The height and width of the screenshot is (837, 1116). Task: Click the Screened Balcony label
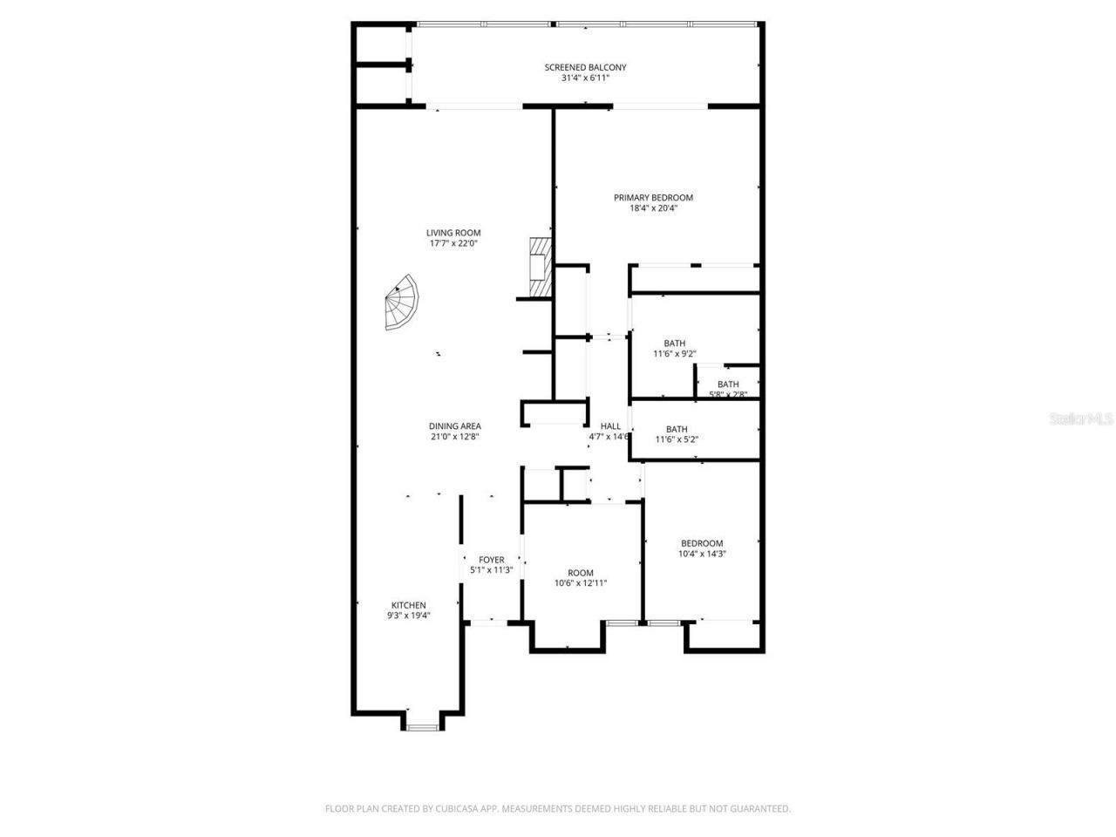pyautogui.click(x=585, y=67)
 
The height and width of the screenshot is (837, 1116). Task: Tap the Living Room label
pyautogui.click(x=453, y=233)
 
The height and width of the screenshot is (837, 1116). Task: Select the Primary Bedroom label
pyautogui.click(x=653, y=198)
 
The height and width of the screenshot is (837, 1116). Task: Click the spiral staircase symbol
pyautogui.click(x=402, y=303)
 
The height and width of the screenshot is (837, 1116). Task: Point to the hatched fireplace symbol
pyautogui.click(x=541, y=268)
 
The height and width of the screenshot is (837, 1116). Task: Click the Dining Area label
pyautogui.click(x=454, y=426)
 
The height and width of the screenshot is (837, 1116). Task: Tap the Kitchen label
pyautogui.click(x=408, y=605)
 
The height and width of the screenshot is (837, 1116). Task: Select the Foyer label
pyautogui.click(x=491, y=560)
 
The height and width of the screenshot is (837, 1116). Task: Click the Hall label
pyautogui.click(x=610, y=426)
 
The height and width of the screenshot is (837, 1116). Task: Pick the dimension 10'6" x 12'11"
pyautogui.click(x=581, y=583)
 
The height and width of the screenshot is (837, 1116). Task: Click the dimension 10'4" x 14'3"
pyautogui.click(x=702, y=554)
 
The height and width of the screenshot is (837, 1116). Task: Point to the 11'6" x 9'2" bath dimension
pyautogui.click(x=674, y=354)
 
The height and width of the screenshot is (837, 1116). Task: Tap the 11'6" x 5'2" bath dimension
pyautogui.click(x=677, y=439)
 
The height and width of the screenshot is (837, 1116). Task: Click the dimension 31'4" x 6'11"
pyautogui.click(x=585, y=78)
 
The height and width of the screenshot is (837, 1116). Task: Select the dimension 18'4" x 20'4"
pyautogui.click(x=653, y=208)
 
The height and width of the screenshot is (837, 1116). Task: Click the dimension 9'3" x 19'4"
pyautogui.click(x=408, y=616)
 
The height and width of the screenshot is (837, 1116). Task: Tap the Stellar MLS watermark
pyautogui.click(x=1081, y=418)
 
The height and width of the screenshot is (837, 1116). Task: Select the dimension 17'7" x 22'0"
pyautogui.click(x=453, y=243)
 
